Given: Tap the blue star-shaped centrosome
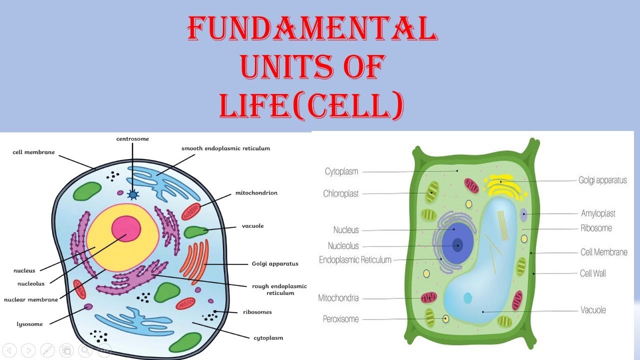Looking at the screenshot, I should point(132,194).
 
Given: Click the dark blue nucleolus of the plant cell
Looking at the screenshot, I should point(457,245).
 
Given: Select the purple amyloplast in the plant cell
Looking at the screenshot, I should point(523,214).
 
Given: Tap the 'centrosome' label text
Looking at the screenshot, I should point(132,138).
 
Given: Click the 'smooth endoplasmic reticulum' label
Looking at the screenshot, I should point(225,148).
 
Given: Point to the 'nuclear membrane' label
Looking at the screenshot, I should point(31,300).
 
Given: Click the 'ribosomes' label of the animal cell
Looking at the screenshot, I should point(257,312).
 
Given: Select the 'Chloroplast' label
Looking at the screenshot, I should point(341,193).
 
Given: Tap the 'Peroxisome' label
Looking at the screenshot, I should point(340,318).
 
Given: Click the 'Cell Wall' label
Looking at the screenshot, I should point(593,273).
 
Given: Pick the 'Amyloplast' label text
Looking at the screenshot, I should point(598,213).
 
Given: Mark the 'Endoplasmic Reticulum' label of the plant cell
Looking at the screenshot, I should point(355,260).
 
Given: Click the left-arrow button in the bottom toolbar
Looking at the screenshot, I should point(10,350).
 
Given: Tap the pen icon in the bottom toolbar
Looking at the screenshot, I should point(47,350).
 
